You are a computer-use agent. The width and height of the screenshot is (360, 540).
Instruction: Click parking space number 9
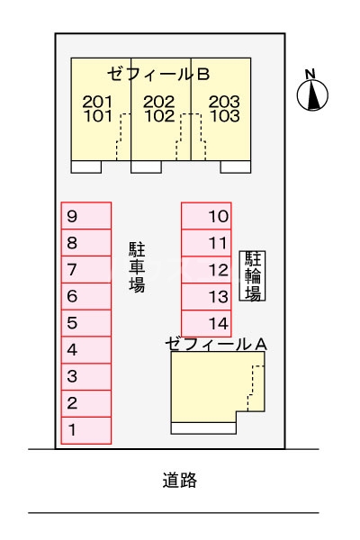pyautogui.click(x=86, y=216)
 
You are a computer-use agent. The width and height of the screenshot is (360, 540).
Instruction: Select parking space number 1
pyautogui.click(x=86, y=430)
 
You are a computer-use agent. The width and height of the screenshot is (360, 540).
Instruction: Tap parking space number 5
pyautogui.click(x=86, y=323)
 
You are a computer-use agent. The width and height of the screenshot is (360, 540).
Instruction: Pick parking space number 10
pyautogui.click(x=206, y=216)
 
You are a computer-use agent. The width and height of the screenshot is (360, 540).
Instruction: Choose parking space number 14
pyautogui.click(x=206, y=323)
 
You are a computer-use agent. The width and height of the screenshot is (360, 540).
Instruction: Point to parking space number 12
pyautogui.click(x=206, y=270)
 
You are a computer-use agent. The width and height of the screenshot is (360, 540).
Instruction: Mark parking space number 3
pyautogui.click(x=86, y=377)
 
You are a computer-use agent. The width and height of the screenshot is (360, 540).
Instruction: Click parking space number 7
pyautogui.click(x=86, y=269)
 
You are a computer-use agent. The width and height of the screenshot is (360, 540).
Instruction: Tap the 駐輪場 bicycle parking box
pyautogui.click(x=253, y=275)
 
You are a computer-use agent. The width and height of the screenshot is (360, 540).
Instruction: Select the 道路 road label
pyautogui.click(x=179, y=480)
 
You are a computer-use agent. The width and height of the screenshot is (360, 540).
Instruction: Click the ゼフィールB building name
pyautogui.click(x=158, y=74)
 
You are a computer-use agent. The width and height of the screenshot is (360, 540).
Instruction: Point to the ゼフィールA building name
pyautogui.click(x=216, y=344)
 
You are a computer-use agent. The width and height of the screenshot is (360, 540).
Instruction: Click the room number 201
pyautogui.click(x=97, y=102)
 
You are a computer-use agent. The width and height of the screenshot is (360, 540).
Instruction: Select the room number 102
pyautogui.click(x=159, y=116)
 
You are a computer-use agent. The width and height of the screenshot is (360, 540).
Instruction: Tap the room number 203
pyautogui.click(x=224, y=102)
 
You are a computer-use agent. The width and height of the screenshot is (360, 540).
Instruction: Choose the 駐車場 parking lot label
pyautogui.click(x=137, y=267)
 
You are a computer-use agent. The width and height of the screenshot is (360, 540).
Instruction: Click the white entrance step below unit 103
pyautogui.click(x=236, y=166)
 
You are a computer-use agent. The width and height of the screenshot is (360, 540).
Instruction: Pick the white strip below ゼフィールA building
pyautogui.click(x=203, y=428)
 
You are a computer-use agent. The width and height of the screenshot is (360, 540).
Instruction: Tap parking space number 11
pyautogui.click(x=206, y=243)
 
